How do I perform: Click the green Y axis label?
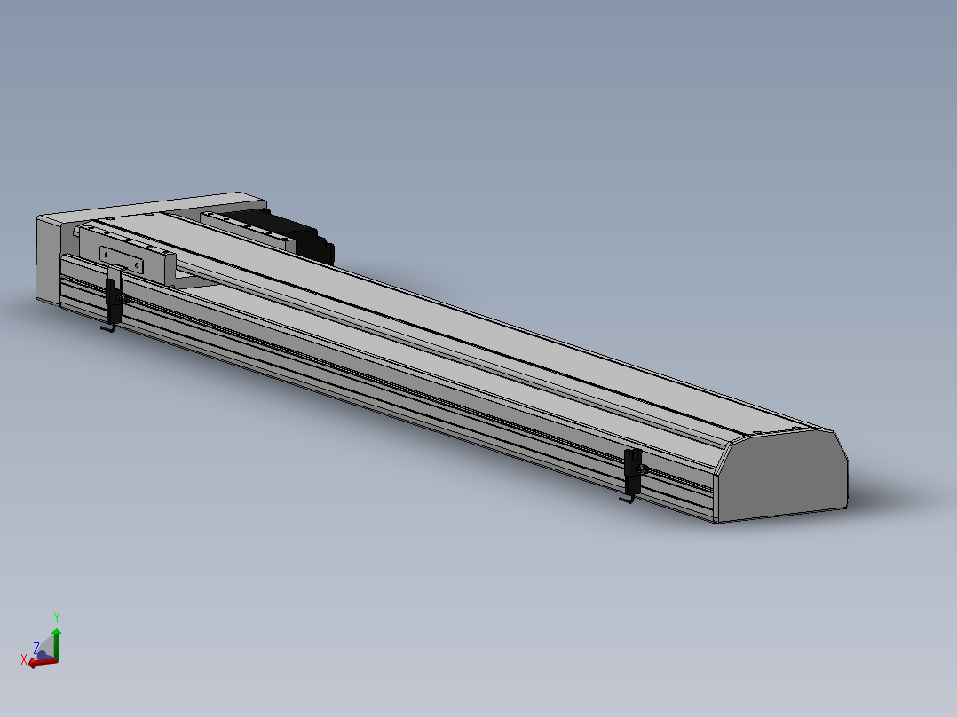pyautogui.click(x=57, y=618)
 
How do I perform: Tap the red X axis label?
pyautogui.click(x=24, y=659)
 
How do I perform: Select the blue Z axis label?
pyautogui.click(x=36, y=648)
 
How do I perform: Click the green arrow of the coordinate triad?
pyautogui.click(x=57, y=643)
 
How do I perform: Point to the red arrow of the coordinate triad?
pyautogui.click(x=43, y=662)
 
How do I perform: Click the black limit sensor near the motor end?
pyautogui.click(x=115, y=300)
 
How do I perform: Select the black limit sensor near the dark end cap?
pyautogui.click(x=633, y=472)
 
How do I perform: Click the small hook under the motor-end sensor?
pyautogui.click(x=108, y=329)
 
